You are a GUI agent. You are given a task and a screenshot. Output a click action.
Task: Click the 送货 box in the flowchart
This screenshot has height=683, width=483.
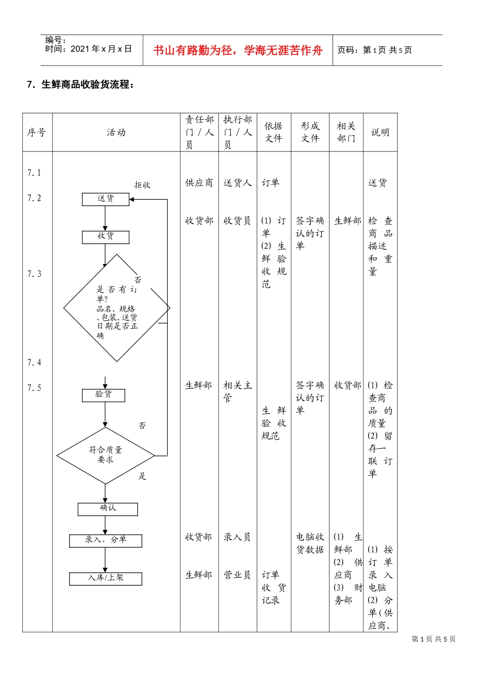tap(105, 199)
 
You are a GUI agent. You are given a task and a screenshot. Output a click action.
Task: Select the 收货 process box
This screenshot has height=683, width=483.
tap(106, 237)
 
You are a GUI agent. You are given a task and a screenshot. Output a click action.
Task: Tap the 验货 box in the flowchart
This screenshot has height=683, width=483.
tap(103, 395)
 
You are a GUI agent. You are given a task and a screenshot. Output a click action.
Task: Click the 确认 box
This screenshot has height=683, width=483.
tap(107, 509)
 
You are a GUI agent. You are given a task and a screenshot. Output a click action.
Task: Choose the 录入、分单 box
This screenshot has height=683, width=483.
tap(105, 540)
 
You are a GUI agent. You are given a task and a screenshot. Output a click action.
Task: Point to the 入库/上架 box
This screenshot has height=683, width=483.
tap(105, 578)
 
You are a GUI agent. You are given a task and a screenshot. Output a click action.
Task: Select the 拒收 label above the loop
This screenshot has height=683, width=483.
tap(142, 185)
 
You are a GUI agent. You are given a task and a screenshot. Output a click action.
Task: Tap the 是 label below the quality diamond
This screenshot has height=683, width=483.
tap(142, 476)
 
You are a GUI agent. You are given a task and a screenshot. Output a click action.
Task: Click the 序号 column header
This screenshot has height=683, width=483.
tap(37, 133)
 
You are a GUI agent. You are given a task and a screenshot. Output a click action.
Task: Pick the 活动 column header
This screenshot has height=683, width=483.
tap(116, 133)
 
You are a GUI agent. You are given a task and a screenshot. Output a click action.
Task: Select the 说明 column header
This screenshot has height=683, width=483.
tap(380, 133)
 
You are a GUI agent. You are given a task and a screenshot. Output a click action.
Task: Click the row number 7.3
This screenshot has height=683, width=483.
tap(34, 274)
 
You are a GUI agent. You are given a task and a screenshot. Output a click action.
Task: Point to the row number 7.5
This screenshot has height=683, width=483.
tap(34, 388)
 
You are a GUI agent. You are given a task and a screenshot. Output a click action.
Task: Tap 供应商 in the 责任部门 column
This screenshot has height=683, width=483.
tap(199, 183)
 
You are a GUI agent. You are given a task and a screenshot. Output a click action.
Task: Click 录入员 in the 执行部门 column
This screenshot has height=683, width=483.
tap(237, 537)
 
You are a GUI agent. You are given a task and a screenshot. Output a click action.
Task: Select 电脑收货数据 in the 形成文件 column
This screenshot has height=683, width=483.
tap(310, 543)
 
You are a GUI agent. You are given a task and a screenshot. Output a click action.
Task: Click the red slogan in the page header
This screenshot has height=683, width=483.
tap(237, 50)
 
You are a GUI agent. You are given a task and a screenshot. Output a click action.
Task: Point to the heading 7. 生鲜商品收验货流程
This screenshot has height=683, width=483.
tap(81, 85)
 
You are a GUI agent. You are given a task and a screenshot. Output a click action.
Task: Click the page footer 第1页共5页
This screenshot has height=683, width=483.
tap(433, 639)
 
